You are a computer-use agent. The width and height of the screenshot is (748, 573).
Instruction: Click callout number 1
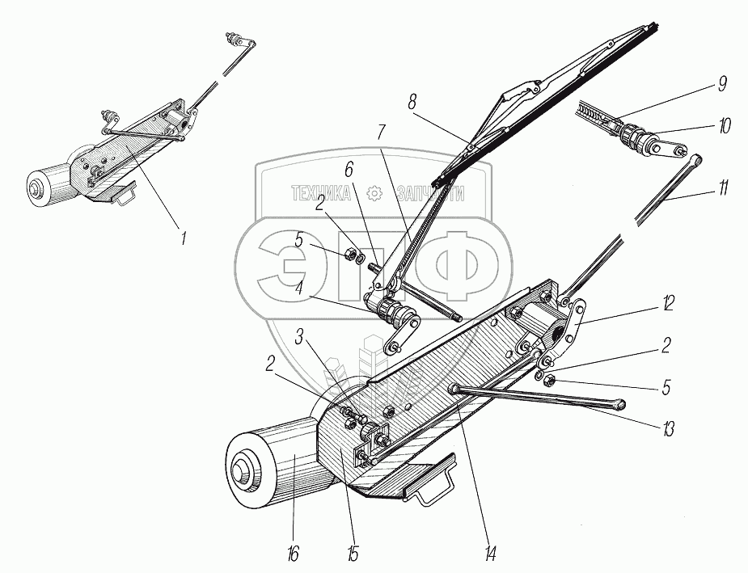(x=184, y=239)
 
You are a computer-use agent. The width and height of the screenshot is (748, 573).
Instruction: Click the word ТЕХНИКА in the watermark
(x=321, y=192)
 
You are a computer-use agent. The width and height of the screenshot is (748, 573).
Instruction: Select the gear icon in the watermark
(x=374, y=192)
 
